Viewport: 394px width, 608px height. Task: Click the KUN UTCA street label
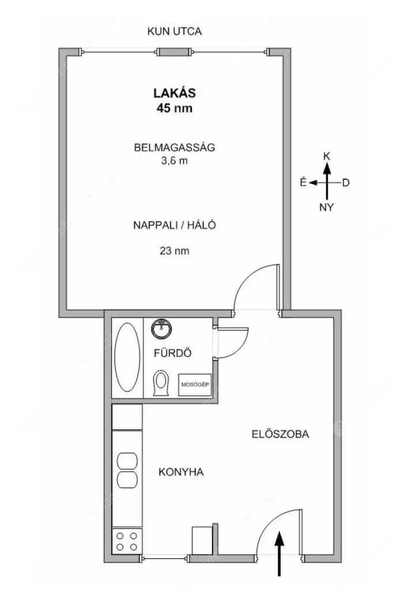[x=175, y=31]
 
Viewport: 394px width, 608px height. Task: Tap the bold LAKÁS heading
[x=175, y=93]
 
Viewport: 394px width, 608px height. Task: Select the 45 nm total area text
[x=175, y=108]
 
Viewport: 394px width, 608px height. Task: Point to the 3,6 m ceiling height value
[x=175, y=161]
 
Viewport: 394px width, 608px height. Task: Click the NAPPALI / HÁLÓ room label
[x=175, y=225]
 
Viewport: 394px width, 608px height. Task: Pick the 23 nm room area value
[x=175, y=251]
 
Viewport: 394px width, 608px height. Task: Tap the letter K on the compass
[x=327, y=156]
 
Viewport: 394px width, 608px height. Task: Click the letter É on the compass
[x=304, y=182]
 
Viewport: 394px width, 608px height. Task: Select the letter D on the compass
[x=346, y=182]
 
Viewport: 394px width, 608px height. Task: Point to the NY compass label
[x=327, y=207]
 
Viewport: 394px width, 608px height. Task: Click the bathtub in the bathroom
[x=127, y=357]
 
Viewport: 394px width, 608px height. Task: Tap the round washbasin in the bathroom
[x=161, y=329]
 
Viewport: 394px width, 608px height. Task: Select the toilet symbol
[x=161, y=383]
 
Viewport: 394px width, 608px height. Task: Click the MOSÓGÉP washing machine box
[x=195, y=384]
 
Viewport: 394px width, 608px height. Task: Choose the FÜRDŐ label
[x=172, y=353]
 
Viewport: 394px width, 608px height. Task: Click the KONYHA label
[x=181, y=472]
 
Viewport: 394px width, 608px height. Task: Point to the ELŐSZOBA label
[x=281, y=434]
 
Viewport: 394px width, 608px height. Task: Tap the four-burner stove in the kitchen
[x=127, y=541]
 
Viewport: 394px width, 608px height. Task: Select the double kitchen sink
[x=127, y=470]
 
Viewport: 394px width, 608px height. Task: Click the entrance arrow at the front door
[x=279, y=554]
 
